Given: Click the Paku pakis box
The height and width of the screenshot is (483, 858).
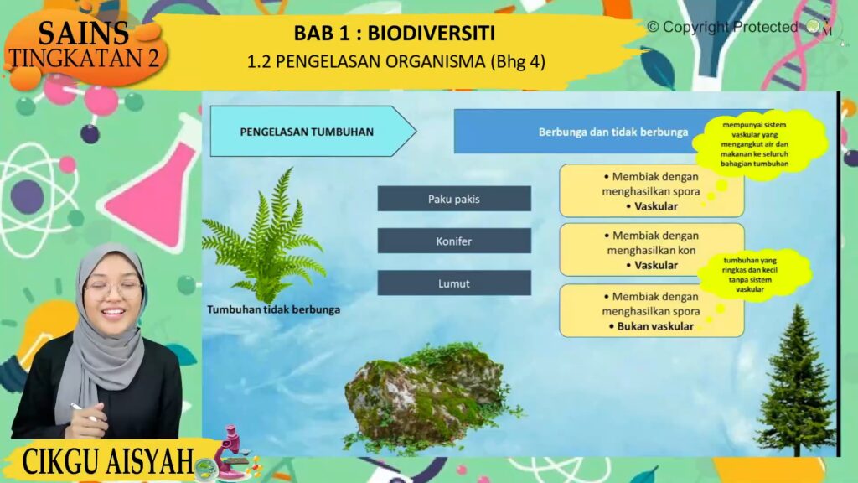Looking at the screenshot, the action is [x=454, y=198].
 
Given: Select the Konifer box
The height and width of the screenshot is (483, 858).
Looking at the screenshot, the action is [x=454, y=241].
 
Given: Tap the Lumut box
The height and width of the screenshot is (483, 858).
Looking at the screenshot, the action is [x=454, y=283].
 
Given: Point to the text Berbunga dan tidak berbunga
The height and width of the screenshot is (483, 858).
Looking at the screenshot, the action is [x=612, y=132].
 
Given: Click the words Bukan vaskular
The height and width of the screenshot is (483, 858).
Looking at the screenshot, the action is [x=655, y=326].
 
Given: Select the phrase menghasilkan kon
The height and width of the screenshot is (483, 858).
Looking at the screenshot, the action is [x=651, y=250].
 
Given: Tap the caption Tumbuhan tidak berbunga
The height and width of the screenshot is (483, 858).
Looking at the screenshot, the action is [x=274, y=309].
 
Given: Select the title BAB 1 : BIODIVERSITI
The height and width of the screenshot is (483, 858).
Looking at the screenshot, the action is [x=395, y=33].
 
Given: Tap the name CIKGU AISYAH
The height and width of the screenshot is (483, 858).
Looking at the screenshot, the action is [x=108, y=462].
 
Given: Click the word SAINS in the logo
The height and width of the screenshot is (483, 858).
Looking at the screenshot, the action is [x=83, y=33].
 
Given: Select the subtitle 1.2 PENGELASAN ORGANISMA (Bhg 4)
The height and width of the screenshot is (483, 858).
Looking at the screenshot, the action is [x=396, y=61].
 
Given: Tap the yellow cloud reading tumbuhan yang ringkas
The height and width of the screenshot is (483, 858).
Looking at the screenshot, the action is [x=751, y=274].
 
